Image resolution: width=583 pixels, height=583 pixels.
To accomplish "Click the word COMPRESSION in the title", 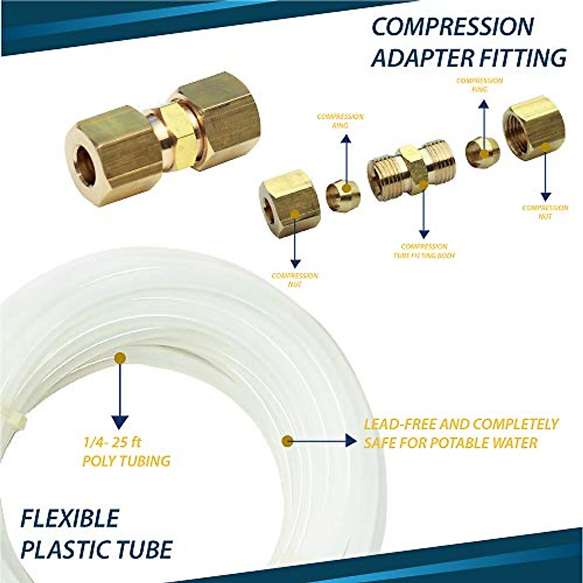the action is click(x=452, y=27).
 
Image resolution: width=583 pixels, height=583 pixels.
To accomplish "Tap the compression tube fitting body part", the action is click(x=412, y=172).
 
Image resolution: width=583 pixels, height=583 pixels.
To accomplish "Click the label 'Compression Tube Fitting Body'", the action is click(x=425, y=251).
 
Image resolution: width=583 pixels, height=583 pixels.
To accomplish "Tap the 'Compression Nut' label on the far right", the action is click(x=545, y=212).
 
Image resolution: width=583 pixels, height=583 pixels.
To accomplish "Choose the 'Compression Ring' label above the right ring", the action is click(x=479, y=85).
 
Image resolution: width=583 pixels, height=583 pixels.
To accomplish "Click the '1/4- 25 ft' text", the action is click(x=112, y=443).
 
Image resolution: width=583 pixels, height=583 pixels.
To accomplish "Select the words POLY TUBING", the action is click(x=126, y=460).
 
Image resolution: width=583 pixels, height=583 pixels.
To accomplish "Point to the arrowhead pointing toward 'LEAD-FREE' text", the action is click(x=352, y=441).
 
